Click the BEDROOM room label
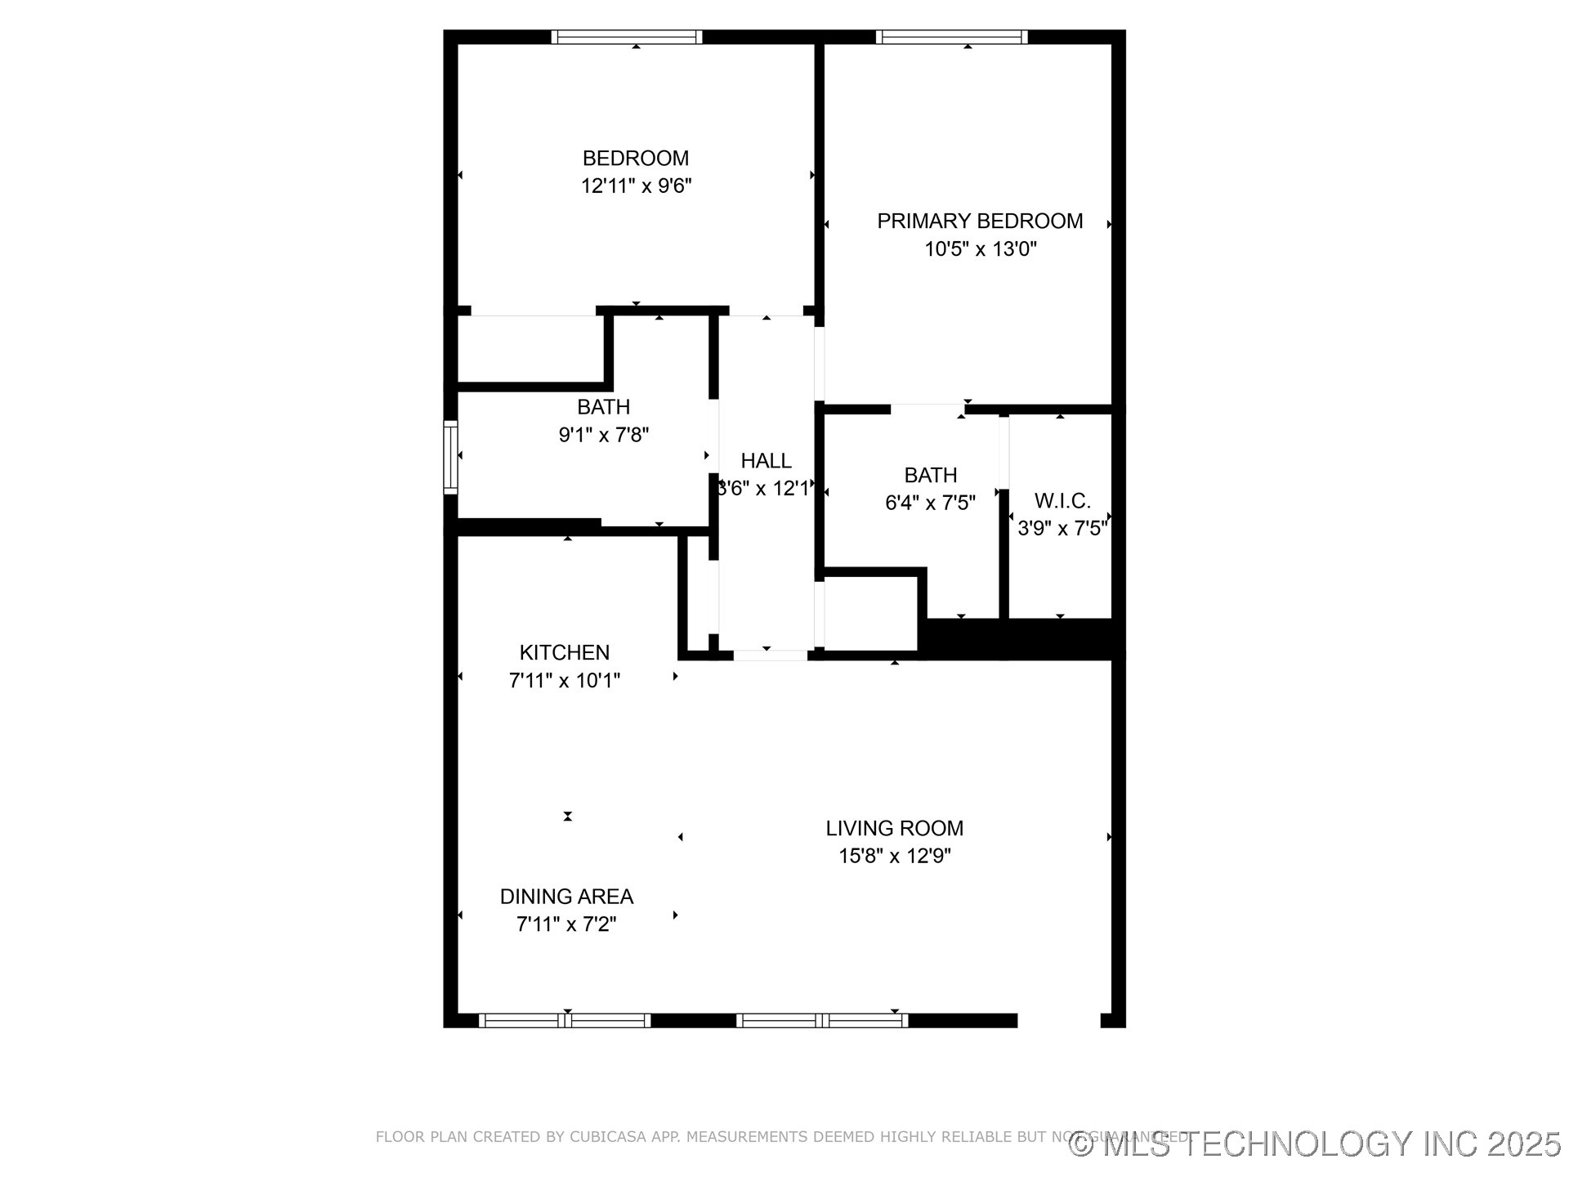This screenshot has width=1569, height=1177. tap(635, 158)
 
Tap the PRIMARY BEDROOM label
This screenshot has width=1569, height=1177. tap(980, 221)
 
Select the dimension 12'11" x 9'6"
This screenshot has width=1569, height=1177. tap(636, 186)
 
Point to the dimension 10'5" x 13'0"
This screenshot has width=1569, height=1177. tap(980, 249)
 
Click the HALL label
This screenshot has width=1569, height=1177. tap(766, 461)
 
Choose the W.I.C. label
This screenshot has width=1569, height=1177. tap(1062, 501)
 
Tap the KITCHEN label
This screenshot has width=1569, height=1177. tap(565, 652)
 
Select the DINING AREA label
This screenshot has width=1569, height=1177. tap(566, 897)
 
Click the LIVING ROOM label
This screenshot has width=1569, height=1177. tap(894, 828)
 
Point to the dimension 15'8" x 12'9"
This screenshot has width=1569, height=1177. tap(894, 857)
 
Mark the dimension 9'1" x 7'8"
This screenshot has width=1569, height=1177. tap(603, 435)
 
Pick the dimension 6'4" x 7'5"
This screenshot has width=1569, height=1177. tap(930, 503)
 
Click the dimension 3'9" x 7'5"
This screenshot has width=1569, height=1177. tap(1062, 529)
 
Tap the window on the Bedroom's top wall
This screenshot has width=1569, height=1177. tap(627, 37)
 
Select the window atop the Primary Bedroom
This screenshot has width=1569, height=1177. tap(951, 37)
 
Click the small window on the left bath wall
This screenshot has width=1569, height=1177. tap(450, 457)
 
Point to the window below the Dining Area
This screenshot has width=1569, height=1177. tap(565, 1020)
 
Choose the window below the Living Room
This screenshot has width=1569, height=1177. tap(821, 1020)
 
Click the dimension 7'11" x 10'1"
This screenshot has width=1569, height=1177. tap(565, 681)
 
